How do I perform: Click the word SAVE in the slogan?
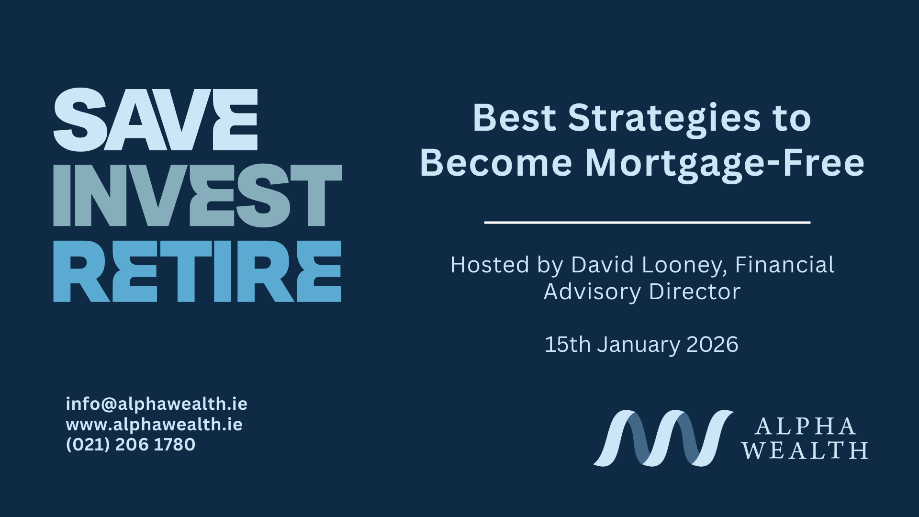156,120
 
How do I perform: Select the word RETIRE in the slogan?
197,271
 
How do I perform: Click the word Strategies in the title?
664,118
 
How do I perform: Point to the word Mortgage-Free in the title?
725,164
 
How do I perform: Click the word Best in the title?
514,118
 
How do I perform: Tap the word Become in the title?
496,163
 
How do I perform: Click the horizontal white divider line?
647,223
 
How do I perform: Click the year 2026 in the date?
712,345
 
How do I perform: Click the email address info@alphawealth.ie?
157,404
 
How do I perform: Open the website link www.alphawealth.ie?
154,425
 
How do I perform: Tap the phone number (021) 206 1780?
131,445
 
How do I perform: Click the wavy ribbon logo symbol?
663,438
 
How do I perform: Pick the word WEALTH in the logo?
805,450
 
